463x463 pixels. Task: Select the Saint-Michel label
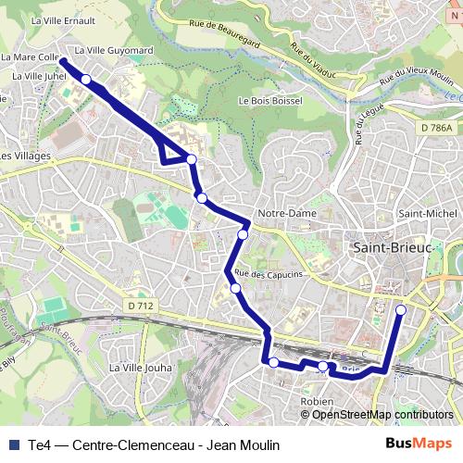point(421,214)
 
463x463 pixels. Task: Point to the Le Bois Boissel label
point(270,101)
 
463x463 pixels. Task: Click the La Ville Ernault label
point(64,19)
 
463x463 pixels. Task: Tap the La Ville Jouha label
point(140,368)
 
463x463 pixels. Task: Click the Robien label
point(318,402)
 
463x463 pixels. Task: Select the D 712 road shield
point(140,305)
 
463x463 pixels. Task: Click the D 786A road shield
point(435,128)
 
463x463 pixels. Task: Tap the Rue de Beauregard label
point(249,35)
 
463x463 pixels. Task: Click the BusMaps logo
point(419,444)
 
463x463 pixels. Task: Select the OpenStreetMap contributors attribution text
point(382,415)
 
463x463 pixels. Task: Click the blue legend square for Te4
point(13,445)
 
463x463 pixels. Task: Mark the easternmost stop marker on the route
point(400,310)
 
